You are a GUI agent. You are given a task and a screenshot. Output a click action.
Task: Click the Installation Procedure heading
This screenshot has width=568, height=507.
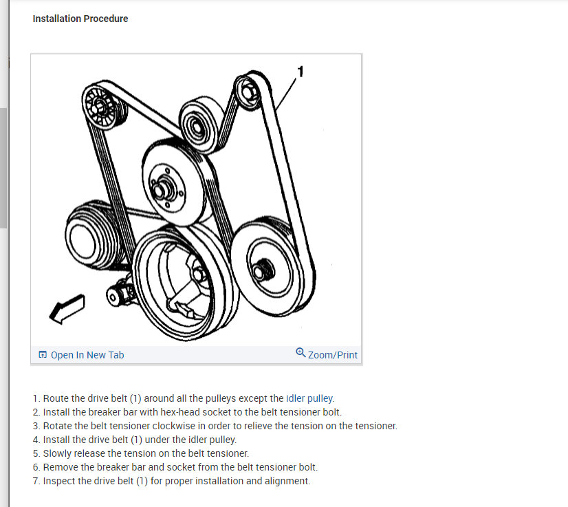point(80,19)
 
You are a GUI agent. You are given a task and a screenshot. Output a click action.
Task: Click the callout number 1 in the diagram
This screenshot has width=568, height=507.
point(300,70)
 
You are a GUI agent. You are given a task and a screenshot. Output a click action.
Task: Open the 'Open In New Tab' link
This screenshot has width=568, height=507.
point(87,355)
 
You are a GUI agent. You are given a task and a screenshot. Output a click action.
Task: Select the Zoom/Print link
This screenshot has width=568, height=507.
point(333,355)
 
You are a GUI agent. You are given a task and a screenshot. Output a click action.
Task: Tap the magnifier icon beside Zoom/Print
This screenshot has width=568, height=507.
point(301,354)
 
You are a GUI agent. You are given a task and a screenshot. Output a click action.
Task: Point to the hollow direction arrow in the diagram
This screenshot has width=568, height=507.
point(67,308)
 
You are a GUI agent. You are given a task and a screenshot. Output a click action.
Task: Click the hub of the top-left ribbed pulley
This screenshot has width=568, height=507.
point(100,107)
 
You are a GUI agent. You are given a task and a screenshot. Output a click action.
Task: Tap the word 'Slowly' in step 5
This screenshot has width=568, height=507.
point(58,453)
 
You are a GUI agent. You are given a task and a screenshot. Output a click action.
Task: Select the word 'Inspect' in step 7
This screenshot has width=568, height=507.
point(60,481)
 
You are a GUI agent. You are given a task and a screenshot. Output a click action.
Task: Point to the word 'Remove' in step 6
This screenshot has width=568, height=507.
point(60,467)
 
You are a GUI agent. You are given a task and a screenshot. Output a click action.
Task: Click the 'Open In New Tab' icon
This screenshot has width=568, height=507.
point(43,355)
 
